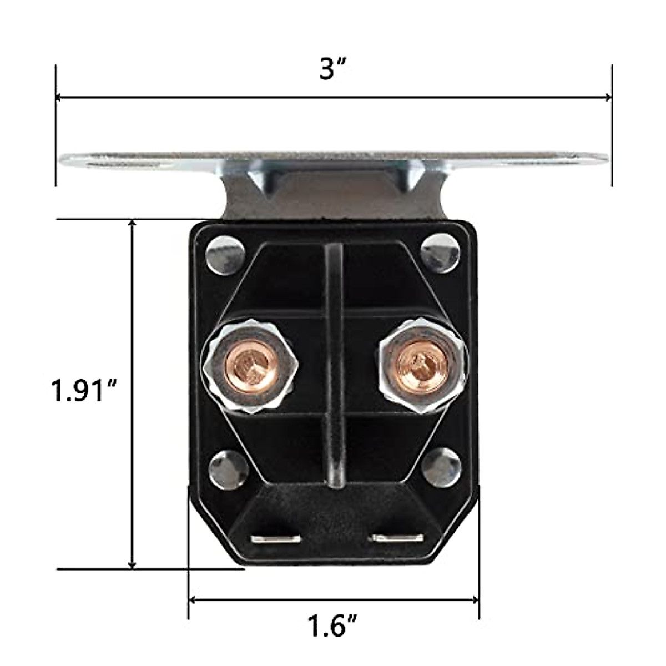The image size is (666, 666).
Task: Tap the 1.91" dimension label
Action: point(82,391)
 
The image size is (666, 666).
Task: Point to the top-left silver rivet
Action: point(226,255)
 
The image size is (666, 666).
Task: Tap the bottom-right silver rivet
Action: point(441,465)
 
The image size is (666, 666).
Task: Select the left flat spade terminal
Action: point(276,538)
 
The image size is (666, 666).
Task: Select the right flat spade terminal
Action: point(397,538)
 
